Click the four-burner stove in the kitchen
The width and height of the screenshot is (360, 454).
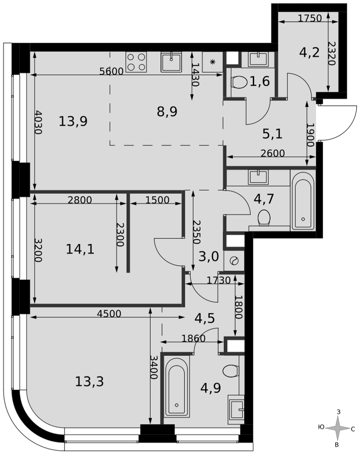[136, 62]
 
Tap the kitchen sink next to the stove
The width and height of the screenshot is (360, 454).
[172, 62]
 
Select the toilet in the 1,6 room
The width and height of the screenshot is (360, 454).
[239, 82]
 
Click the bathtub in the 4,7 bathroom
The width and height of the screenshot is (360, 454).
[303, 200]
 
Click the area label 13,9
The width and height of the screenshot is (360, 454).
[73, 121]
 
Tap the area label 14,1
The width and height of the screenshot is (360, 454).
[80, 249]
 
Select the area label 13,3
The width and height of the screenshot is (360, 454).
[89, 382]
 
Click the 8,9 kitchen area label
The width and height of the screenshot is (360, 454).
[167, 112]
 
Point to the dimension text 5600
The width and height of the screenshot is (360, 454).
[112, 71]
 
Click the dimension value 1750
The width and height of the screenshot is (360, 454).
[310, 18]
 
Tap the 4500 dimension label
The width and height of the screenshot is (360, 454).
[109, 314]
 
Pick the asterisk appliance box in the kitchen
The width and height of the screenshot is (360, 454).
[213, 62]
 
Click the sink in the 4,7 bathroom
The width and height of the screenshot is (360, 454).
[257, 177]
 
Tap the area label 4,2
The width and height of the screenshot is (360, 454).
[309, 53]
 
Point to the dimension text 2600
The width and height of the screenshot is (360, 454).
[272, 153]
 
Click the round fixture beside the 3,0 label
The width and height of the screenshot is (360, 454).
[234, 261]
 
